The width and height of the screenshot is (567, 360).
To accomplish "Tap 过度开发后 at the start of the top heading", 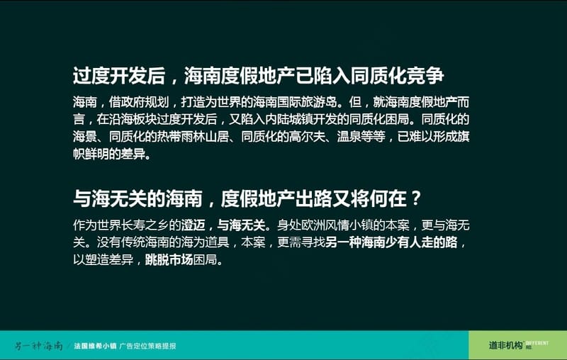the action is point(119,76).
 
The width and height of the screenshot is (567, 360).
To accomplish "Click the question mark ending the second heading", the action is point(416,198).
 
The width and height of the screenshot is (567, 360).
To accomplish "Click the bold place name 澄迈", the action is point(193,225).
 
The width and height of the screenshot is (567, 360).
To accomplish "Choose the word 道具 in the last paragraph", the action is point(217,242).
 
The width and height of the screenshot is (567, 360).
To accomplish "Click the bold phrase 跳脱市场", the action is point(169,259).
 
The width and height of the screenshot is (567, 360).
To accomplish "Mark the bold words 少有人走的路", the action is point(421,242).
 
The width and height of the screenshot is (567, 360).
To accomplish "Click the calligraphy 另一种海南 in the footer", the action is point(39,346).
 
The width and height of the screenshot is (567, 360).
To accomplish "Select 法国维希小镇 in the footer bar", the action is point(95,346).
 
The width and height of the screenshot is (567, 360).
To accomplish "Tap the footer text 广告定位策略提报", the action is point(147,346).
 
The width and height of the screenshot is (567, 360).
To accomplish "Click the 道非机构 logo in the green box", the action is point(505,345).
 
